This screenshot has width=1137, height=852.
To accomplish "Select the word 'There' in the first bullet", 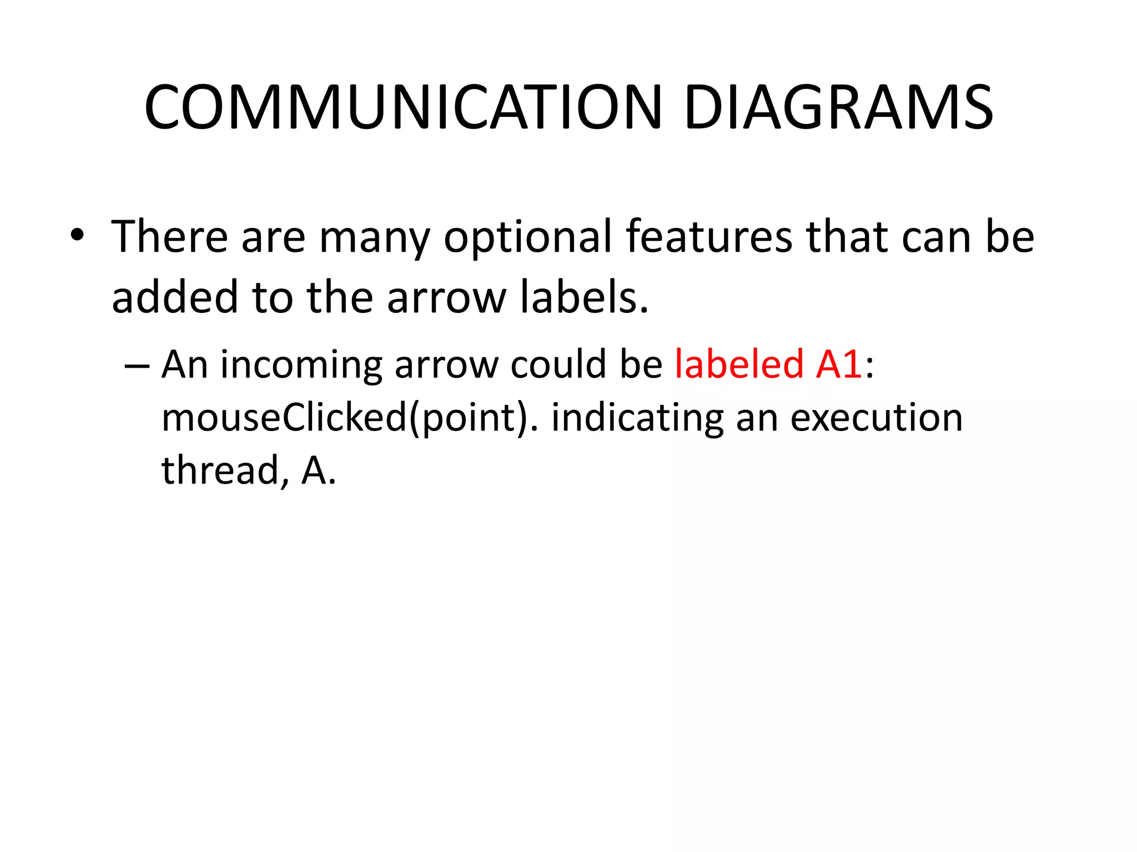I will pyautogui.click(x=169, y=237).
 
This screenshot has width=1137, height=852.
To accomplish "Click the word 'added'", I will pyautogui.click(x=175, y=297).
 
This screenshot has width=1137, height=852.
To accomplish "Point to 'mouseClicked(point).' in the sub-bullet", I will pyautogui.click(x=350, y=418).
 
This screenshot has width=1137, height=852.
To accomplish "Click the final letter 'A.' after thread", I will pyautogui.click(x=319, y=471).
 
